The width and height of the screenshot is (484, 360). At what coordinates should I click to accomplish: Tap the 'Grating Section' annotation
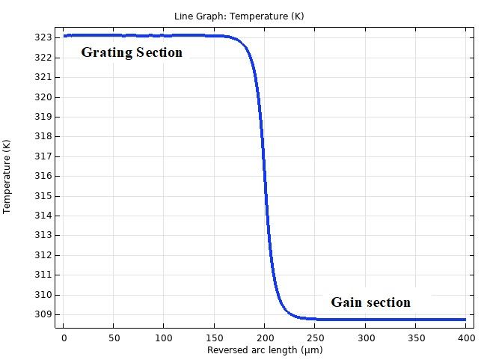tap(132, 52)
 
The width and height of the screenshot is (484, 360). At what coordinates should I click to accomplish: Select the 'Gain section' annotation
tap(371, 302)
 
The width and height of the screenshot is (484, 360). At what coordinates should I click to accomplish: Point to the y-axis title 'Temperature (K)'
tap(7, 176)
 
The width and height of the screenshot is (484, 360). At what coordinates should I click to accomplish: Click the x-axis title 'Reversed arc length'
tap(265, 350)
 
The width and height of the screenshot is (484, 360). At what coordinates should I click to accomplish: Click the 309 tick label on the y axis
tap(44, 314)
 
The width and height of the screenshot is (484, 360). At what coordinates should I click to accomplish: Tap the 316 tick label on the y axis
tap(44, 176)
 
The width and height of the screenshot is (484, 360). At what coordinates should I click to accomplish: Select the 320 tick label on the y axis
tap(44, 97)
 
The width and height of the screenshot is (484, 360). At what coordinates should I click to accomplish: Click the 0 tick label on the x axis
tap(64, 338)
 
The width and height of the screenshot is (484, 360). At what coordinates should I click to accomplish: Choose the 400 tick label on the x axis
tap(466, 338)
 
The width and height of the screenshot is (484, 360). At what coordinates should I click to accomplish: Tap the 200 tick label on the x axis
tap(265, 338)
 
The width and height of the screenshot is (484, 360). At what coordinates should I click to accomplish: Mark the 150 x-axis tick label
tap(215, 338)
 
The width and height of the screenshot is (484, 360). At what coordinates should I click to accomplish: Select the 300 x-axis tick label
tap(366, 338)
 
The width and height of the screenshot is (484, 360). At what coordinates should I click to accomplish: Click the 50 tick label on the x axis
tap(114, 338)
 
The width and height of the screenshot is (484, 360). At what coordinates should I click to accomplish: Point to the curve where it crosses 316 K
tap(265, 176)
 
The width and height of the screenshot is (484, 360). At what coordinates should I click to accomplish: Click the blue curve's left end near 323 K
tap(64, 35)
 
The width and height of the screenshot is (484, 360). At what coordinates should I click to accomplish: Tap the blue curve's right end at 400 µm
tap(465, 320)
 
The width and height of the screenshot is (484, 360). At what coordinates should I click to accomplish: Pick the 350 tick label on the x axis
tap(416, 338)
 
